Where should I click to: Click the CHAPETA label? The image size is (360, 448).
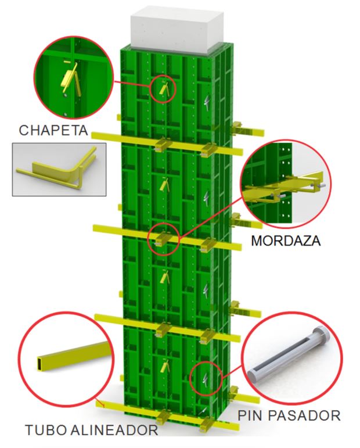[53, 130]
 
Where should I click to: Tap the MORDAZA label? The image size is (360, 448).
[286, 241]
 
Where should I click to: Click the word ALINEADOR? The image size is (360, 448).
[114, 430]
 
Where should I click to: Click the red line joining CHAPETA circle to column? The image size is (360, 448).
[132, 85]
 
